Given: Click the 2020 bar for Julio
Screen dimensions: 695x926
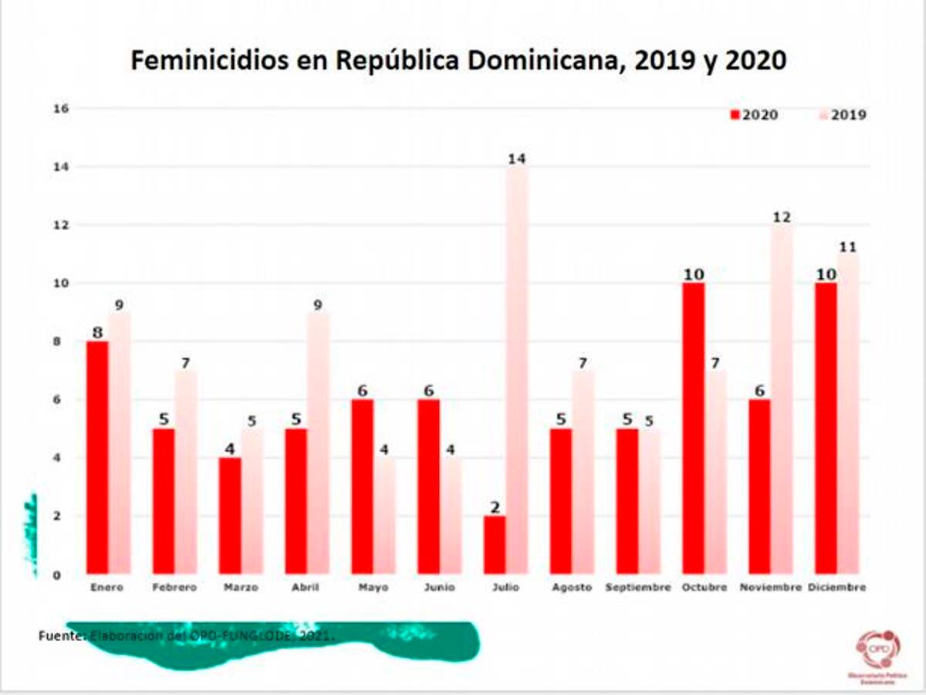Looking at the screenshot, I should point(494,545).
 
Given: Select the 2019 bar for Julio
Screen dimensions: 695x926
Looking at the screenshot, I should point(516,371).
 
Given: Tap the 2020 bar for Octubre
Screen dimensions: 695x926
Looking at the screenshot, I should point(693,429).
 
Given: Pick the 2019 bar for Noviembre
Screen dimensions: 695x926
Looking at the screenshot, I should point(782,400).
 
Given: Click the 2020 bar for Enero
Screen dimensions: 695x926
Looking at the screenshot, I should point(96,458).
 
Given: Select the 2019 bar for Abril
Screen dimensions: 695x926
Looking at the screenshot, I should point(318,443).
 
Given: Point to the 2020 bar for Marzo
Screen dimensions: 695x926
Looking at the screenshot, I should point(229,516).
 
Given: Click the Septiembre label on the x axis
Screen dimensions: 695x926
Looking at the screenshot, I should point(638,588).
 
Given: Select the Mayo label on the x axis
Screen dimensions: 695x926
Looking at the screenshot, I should point(373,588).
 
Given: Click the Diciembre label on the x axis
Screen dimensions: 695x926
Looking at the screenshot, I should point(837,588).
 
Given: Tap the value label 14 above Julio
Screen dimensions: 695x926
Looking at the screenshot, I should point(516,158).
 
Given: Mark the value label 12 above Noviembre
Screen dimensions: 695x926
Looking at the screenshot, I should point(782,217).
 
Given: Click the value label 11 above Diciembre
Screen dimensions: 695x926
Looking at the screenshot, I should point(848,246).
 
